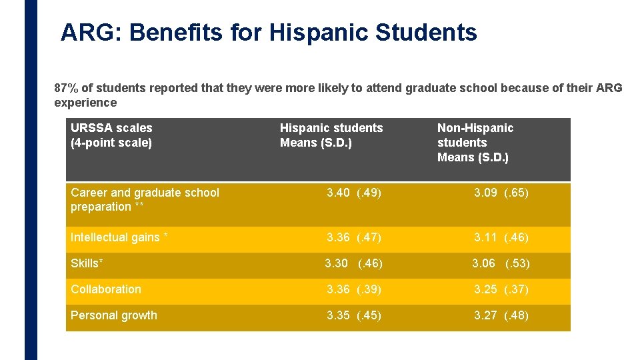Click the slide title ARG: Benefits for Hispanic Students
point(268,32)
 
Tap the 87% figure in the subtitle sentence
point(65,88)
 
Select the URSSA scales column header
point(111,135)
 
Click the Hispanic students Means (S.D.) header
point(331,135)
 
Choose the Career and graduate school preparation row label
point(145,199)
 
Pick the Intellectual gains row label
point(119,237)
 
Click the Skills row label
point(87,263)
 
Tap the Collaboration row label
point(106,289)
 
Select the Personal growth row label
point(114,315)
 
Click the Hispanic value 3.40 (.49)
point(354,193)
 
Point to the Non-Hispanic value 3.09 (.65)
point(501,193)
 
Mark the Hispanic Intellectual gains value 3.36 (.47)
point(354,237)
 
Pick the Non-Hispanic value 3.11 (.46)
point(501,237)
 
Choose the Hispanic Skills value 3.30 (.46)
point(353,263)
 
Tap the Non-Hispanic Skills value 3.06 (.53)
point(501,263)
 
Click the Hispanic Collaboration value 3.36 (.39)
point(354,289)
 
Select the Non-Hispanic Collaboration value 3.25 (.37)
point(501,289)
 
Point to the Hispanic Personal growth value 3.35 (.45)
point(354,315)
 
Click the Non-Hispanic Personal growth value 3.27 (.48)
point(501,315)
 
